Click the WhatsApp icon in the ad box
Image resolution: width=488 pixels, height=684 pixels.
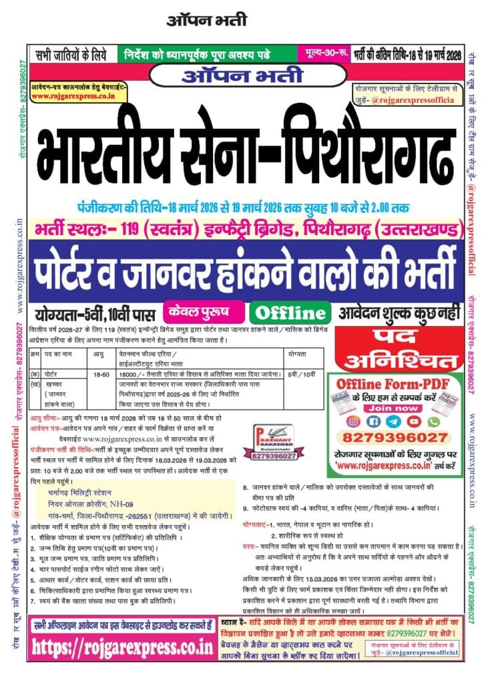coord(435,421)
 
